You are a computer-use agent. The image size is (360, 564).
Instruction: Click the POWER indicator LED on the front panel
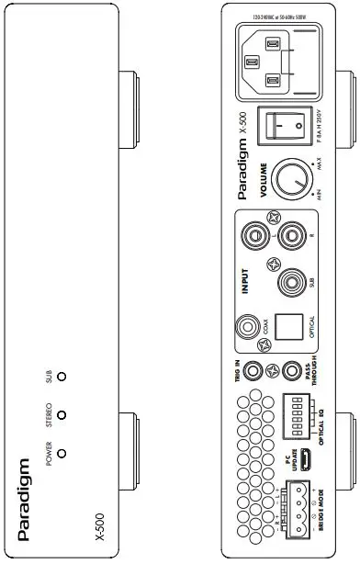coord(62,451)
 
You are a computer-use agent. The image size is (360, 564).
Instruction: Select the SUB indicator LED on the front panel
coord(62,376)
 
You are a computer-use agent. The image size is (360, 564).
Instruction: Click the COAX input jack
coord(248,326)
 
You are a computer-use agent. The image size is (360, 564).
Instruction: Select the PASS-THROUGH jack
coord(292,372)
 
